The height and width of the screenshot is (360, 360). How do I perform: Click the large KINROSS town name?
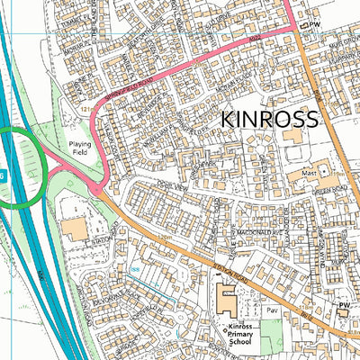[x=269, y=119]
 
